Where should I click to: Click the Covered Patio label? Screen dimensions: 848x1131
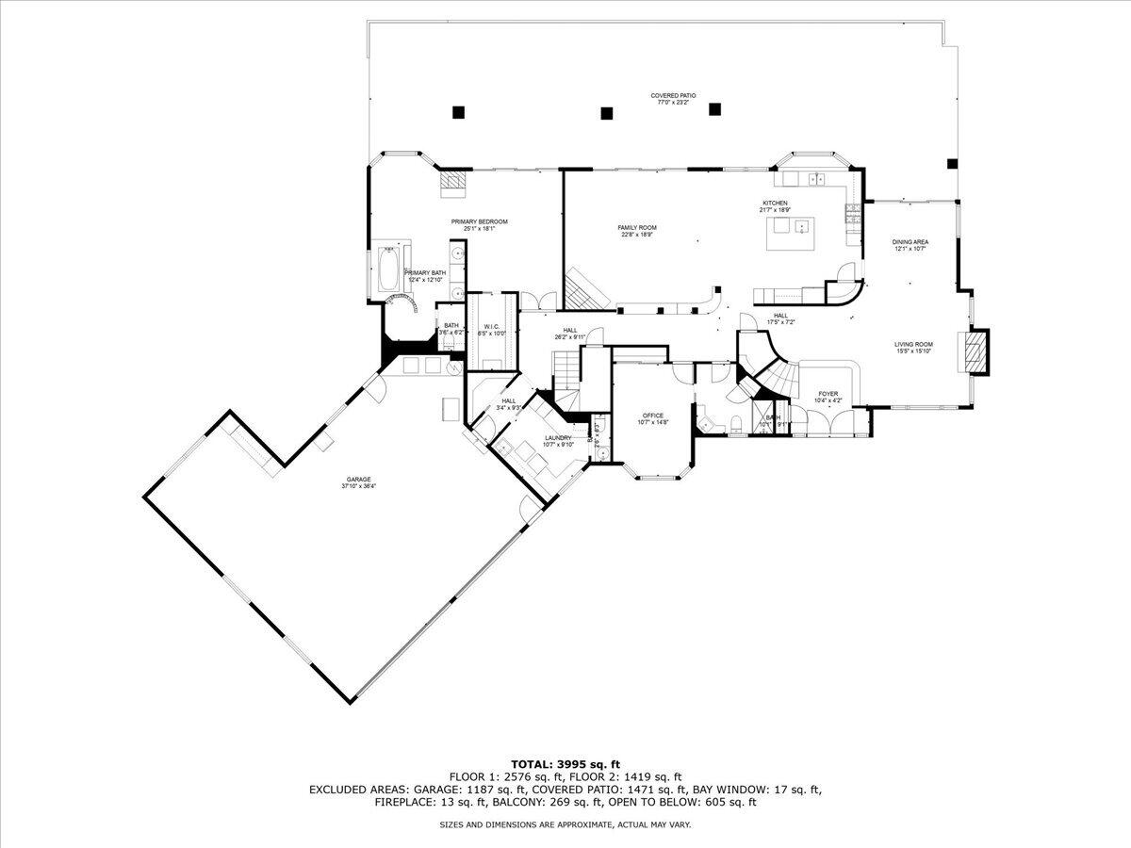[x=673, y=96]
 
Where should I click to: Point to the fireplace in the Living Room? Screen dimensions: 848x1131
[x=975, y=351]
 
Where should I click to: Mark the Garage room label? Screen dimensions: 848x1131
[x=356, y=482]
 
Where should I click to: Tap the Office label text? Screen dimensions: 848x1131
[x=653, y=416]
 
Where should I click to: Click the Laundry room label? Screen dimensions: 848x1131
[x=558, y=438]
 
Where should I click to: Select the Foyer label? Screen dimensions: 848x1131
[x=828, y=394]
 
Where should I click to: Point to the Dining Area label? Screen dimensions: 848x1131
[x=910, y=242]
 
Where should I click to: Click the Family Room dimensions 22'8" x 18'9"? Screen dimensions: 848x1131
[x=637, y=236]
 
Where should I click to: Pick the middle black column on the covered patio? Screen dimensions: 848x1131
[x=606, y=113]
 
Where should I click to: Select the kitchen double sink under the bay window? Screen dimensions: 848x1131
[x=814, y=178]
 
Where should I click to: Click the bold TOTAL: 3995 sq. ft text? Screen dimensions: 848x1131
[x=565, y=763]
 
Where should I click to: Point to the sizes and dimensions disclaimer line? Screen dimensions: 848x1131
[x=565, y=824]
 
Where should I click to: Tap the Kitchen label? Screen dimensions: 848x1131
[x=775, y=204]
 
